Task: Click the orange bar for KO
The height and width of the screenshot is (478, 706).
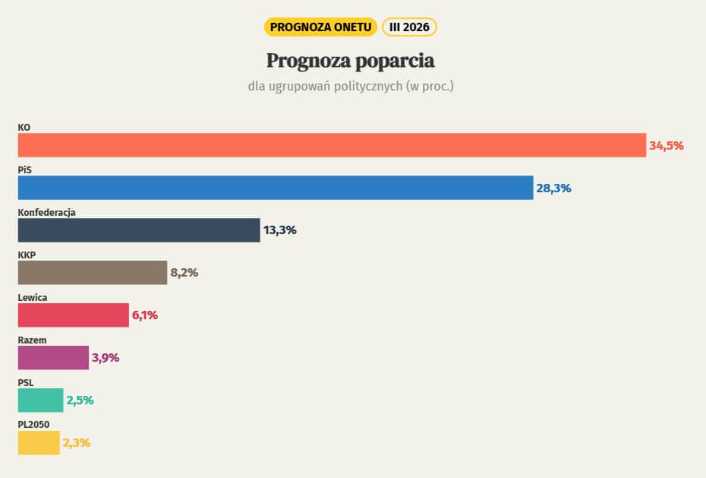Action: tap(332, 145)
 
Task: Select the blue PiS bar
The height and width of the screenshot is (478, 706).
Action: tap(276, 188)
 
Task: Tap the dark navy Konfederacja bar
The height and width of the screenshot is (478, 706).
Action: tap(139, 230)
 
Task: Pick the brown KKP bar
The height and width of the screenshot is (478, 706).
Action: tap(92, 273)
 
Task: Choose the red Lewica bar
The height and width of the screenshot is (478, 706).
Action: tap(73, 315)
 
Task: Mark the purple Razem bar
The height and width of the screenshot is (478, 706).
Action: tap(53, 358)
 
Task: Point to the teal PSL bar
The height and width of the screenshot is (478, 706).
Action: tap(40, 400)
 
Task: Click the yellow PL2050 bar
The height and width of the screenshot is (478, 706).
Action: tap(39, 443)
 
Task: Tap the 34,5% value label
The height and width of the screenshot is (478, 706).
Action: tap(666, 145)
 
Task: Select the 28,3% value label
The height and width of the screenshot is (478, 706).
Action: tap(553, 188)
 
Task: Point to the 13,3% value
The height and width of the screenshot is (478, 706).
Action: tap(280, 230)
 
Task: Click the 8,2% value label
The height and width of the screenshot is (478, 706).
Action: tap(184, 273)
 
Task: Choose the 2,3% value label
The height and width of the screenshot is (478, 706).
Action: tap(77, 443)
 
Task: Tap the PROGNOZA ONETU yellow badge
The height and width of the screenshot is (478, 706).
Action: tap(320, 27)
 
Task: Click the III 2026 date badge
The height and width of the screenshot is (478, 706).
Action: tap(409, 27)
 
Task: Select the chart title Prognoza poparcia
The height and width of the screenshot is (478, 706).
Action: tap(350, 60)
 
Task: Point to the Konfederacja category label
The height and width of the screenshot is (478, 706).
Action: tap(46, 213)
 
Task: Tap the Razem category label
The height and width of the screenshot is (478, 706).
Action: tap(32, 340)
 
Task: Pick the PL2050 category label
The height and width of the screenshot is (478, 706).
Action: tap(34, 426)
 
